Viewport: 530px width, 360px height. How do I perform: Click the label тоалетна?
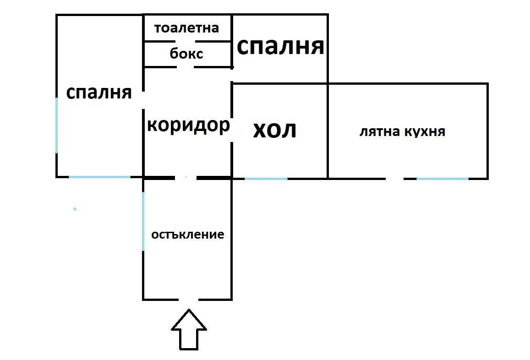(186, 28)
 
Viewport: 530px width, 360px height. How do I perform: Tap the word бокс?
(186, 54)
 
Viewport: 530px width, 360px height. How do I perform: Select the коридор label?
(189, 125)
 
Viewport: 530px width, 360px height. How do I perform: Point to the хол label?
(275, 130)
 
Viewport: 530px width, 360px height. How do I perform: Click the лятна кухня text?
(402, 131)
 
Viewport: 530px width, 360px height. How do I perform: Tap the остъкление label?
(188, 235)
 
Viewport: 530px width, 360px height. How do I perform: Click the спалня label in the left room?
(98, 93)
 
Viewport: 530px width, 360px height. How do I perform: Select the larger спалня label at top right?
(280, 46)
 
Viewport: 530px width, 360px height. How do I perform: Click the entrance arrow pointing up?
(189, 330)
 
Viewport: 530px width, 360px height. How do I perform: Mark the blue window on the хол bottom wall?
(266, 179)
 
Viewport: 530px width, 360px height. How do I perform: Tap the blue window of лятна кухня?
(443, 179)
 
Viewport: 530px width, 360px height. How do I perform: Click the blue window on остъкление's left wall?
(143, 221)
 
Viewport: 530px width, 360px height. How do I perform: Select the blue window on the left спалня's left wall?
(56, 125)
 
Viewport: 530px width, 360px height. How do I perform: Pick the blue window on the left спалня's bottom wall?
(100, 177)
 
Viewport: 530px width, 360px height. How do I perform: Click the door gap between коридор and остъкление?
(186, 177)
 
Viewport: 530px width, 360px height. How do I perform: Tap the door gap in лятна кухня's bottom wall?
(394, 179)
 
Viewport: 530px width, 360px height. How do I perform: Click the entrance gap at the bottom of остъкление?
(188, 300)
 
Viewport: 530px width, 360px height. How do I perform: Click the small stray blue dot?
(75, 209)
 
